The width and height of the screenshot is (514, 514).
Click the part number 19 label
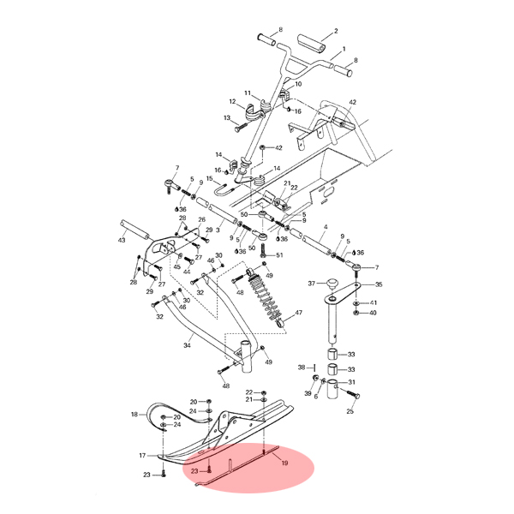284,463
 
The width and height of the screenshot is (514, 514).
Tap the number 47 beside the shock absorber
299,313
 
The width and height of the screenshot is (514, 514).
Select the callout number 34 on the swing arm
187,345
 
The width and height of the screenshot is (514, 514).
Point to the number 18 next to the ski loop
134,415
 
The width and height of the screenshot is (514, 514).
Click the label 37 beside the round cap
312,284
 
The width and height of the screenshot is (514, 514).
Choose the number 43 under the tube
122,240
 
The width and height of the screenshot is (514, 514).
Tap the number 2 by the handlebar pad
336,31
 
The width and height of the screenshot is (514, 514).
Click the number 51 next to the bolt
279,255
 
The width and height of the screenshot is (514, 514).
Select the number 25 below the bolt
350,411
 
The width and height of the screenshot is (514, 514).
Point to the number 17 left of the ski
142,456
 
